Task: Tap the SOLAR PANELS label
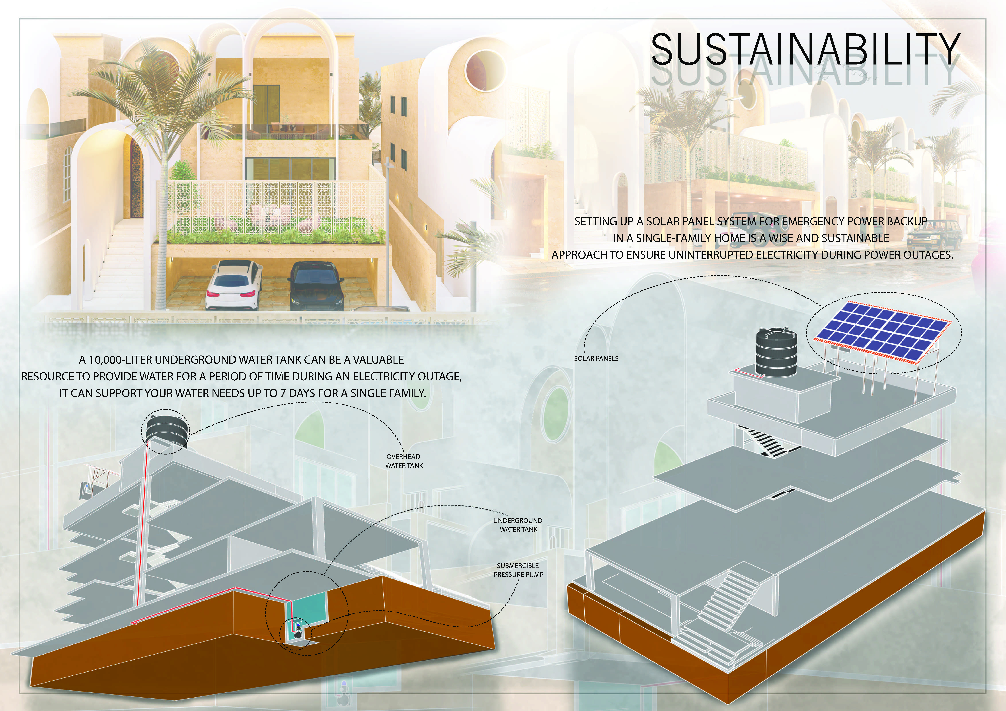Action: click(x=596, y=358)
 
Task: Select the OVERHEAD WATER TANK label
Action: click(x=404, y=461)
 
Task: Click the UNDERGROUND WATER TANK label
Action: click(x=518, y=525)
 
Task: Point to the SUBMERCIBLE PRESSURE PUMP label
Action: click(x=518, y=570)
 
